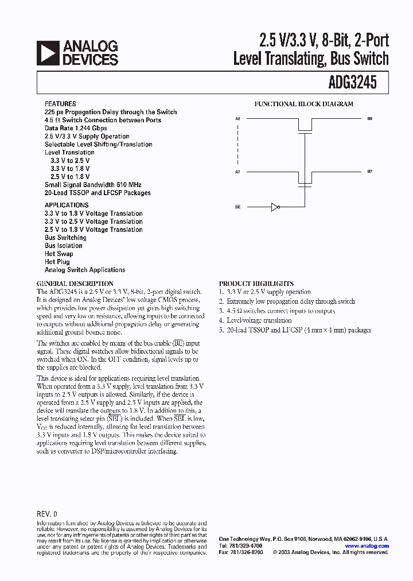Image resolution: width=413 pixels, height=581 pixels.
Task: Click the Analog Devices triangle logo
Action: (47, 52)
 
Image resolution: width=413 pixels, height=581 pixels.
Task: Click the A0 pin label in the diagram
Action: (238, 118)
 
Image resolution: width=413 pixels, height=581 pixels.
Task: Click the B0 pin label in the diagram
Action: (370, 118)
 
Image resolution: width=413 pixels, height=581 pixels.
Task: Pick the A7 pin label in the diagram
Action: (238, 172)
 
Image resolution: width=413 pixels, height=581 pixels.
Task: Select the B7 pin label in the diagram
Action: (370, 172)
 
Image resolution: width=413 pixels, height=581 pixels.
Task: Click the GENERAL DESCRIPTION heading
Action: (75, 284)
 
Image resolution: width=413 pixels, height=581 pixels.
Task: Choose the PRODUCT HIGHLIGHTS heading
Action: (256, 284)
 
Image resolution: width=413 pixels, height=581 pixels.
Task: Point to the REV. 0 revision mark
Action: (47, 513)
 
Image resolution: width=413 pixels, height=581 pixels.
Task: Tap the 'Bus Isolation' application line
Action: (64, 245)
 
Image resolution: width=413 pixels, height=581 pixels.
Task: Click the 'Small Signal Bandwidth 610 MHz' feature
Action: (93, 184)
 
